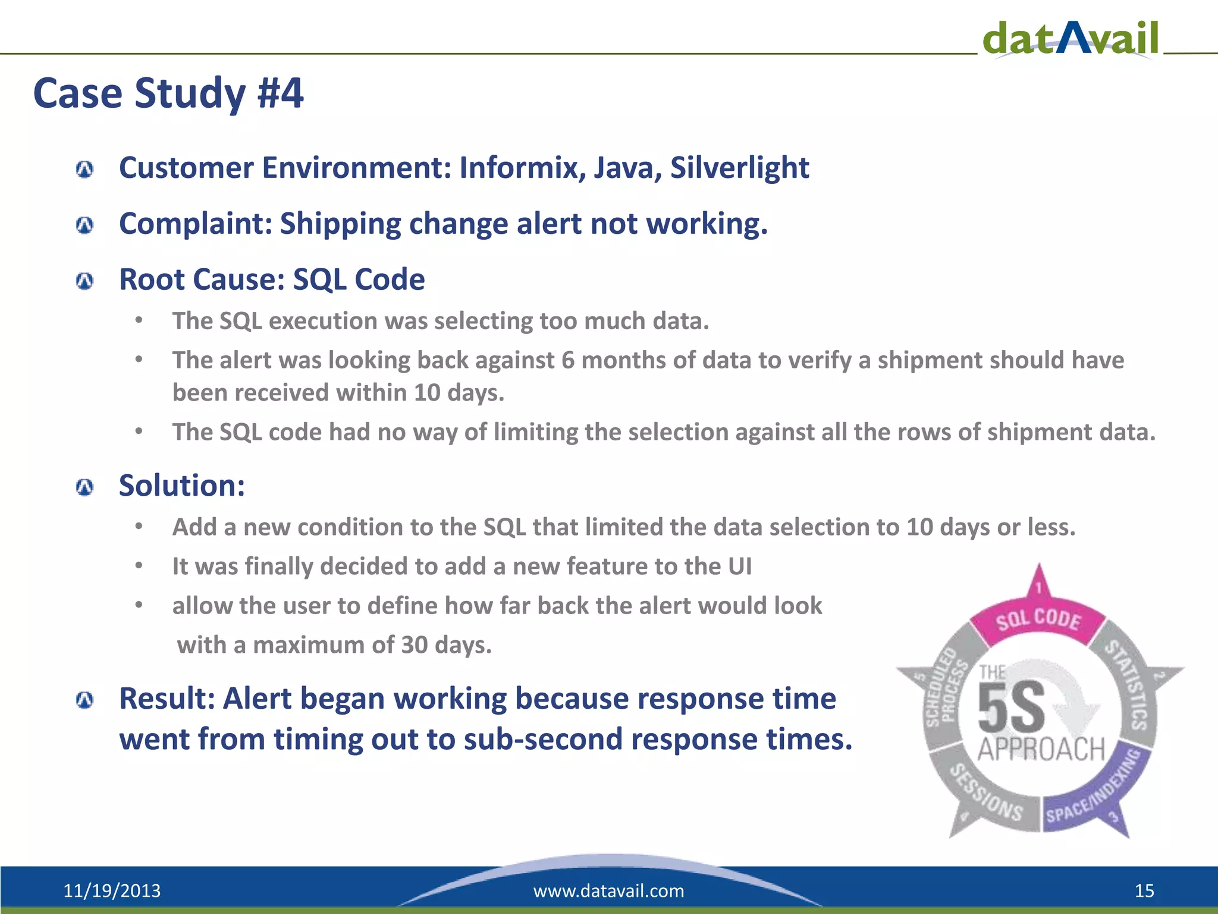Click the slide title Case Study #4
[x=168, y=93]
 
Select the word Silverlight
[x=739, y=168]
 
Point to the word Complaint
[x=194, y=224]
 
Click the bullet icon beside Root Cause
[x=85, y=281]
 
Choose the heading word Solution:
[x=182, y=486]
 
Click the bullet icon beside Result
[x=85, y=700]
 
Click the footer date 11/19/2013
[x=112, y=891]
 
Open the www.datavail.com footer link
[x=608, y=891]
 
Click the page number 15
[x=1144, y=891]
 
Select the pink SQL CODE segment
[x=1038, y=620]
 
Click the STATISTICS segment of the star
[x=1130, y=684]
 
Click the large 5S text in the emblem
[x=1011, y=708]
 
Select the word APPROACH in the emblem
[x=1041, y=750]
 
